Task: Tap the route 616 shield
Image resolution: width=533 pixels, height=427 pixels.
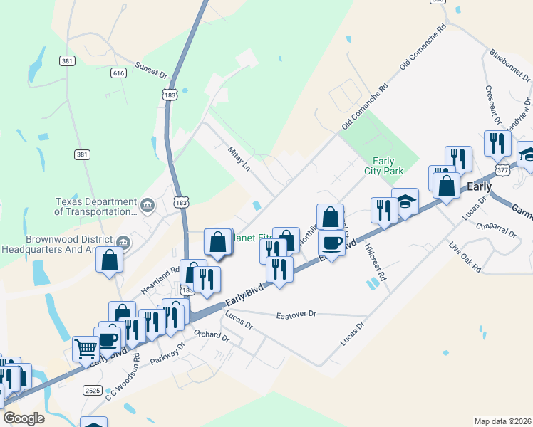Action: (118, 73)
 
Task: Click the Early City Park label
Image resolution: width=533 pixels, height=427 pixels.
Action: (388, 166)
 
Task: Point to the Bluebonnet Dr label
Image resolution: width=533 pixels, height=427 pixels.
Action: (510, 65)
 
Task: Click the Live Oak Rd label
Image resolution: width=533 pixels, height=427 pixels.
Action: (465, 258)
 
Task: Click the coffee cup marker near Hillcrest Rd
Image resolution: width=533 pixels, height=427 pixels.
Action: (331, 243)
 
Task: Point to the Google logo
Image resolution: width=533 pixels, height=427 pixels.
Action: (24, 418)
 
